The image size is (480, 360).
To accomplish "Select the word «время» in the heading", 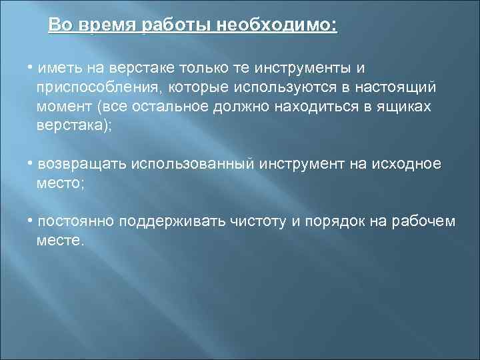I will tap(105, 25).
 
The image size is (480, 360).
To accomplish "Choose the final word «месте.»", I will tap(61, 240).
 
